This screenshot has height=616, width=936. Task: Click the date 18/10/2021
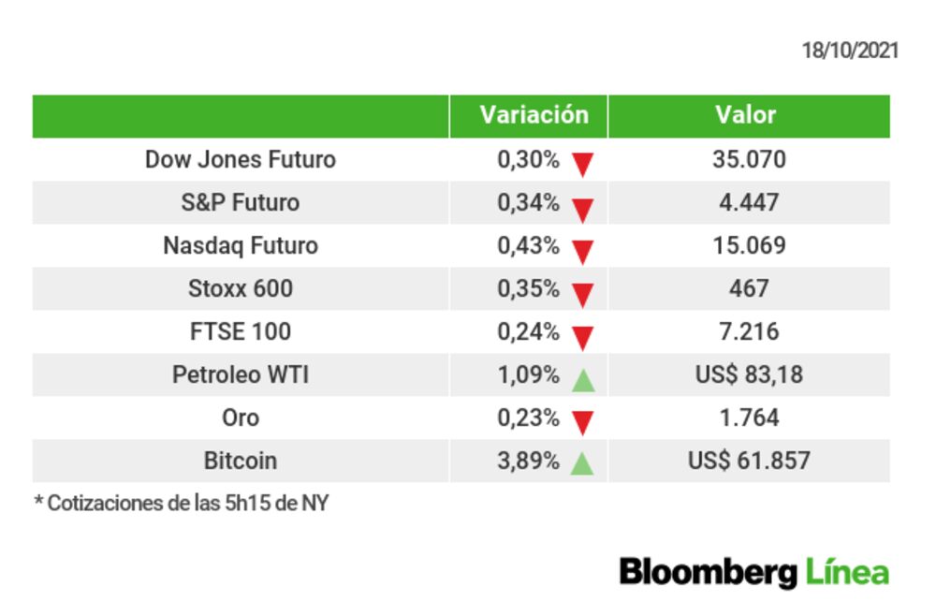point(849,51)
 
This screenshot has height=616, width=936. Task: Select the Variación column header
point(534,115)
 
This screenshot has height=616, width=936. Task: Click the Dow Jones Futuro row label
point(240,159)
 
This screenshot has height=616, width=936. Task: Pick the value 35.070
point(749,159)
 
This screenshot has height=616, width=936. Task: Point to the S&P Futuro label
point(240,202)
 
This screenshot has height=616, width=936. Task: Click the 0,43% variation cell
point(528,245)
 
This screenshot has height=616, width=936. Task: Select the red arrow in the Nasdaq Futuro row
point(583,251)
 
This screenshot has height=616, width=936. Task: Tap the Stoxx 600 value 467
point(749,288)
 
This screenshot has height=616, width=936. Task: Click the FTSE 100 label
point(240,331)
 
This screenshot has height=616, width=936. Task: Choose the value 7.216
point(749,331)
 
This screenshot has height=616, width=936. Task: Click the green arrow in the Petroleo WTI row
point(583,379)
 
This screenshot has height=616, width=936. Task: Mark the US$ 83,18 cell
point(749,374)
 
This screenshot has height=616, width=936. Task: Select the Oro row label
point(240,418)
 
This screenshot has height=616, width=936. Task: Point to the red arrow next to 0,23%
point(583,423)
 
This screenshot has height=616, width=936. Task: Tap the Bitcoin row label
point(240,461)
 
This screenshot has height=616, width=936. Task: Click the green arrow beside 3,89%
point(583,464)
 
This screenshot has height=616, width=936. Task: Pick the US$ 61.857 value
point(749,461)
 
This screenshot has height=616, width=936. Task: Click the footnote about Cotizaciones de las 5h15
point(182,503)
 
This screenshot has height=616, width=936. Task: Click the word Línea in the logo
point(846,571)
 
